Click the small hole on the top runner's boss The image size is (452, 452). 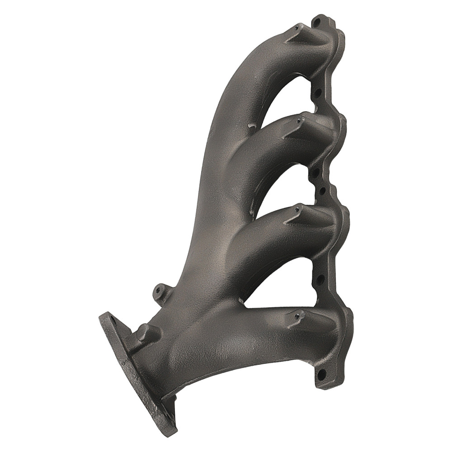click(x=296, y=28)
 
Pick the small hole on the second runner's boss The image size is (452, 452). click(x=299, y=121)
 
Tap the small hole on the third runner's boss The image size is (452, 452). click(x=299, y=209)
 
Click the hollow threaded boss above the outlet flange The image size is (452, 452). click(x=158, y=289)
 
